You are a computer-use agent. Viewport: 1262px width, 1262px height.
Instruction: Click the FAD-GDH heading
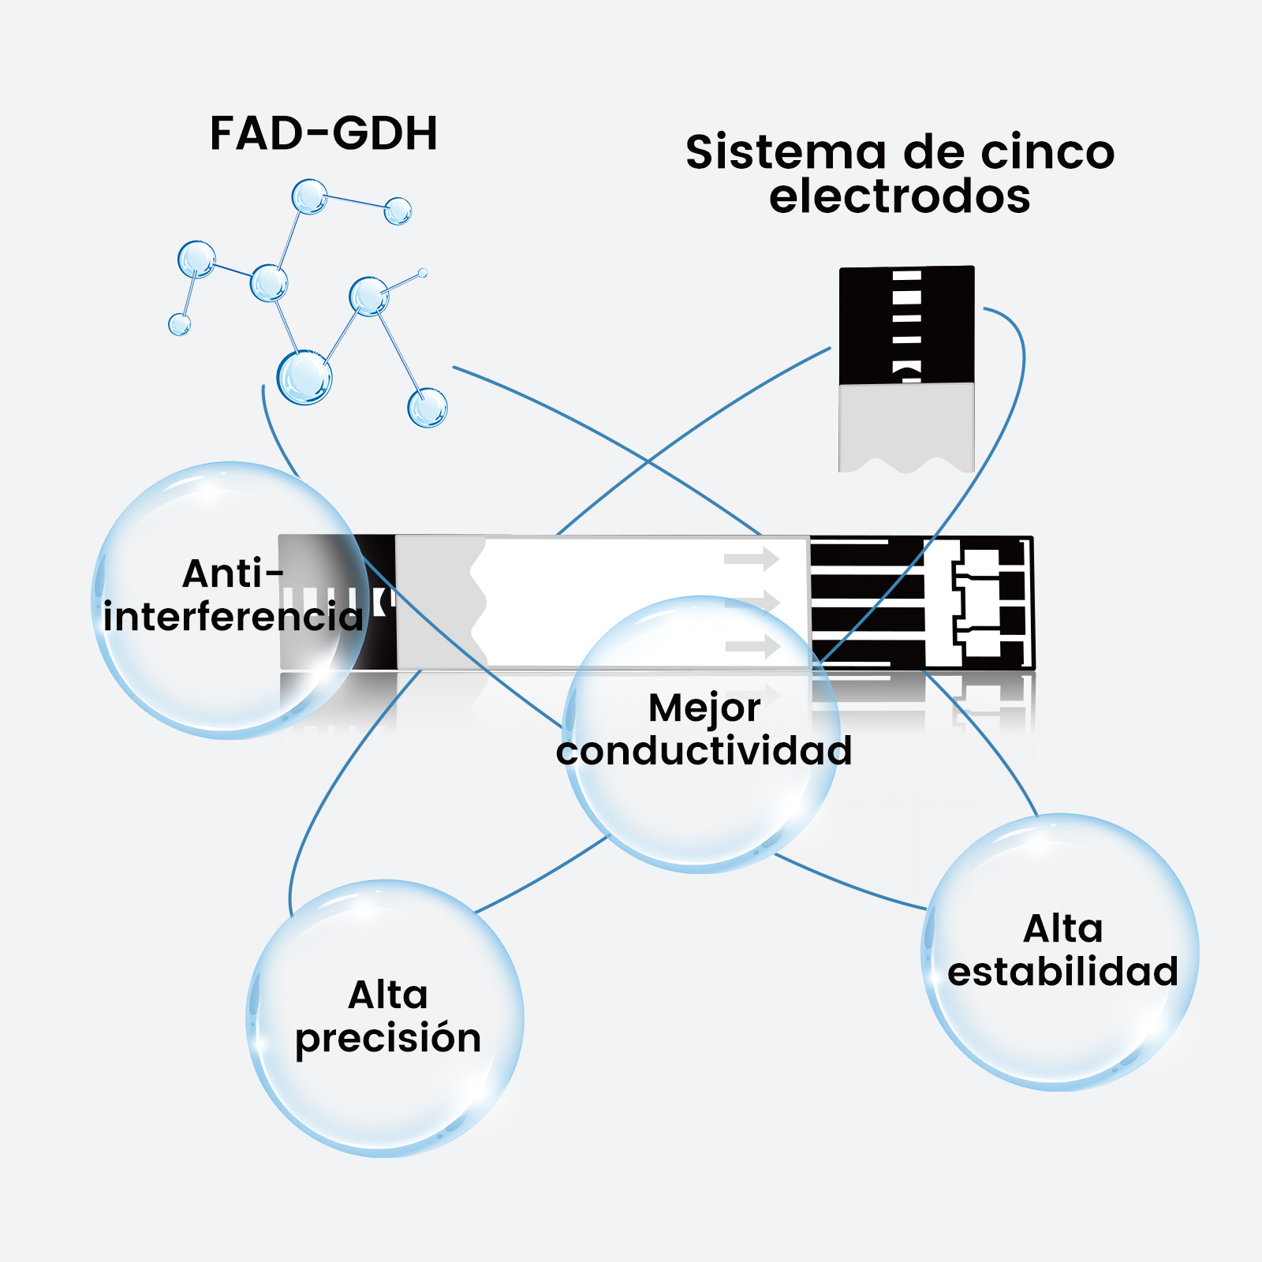point(323,133)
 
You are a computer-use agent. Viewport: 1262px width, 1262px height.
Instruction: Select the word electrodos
point(899,196)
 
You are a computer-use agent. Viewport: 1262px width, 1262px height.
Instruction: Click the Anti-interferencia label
point(233,596)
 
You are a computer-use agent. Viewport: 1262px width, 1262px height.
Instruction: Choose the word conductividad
point(704,751)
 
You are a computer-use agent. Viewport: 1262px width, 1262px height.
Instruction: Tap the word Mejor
point(704,708)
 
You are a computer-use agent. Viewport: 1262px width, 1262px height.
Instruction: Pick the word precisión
point(388,1038)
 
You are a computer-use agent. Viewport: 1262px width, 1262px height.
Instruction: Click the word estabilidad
point(1062,972)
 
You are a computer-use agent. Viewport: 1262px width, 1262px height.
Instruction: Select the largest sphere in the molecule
point(304,378)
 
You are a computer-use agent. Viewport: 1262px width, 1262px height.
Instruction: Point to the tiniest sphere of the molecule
point(423,273)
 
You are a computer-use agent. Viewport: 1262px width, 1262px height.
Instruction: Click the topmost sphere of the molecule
point(309,196)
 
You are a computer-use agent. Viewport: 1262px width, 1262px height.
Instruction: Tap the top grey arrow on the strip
point(752,559)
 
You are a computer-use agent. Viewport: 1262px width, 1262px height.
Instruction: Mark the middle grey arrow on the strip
point(752,603)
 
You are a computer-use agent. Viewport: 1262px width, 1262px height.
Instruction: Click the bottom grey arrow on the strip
point(752,647)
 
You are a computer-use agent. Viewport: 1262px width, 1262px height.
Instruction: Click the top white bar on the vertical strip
point(907,276)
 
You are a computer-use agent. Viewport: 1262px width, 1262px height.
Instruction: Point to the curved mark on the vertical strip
point(907,368)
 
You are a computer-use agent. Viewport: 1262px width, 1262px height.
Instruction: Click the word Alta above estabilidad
point(1062,928)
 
